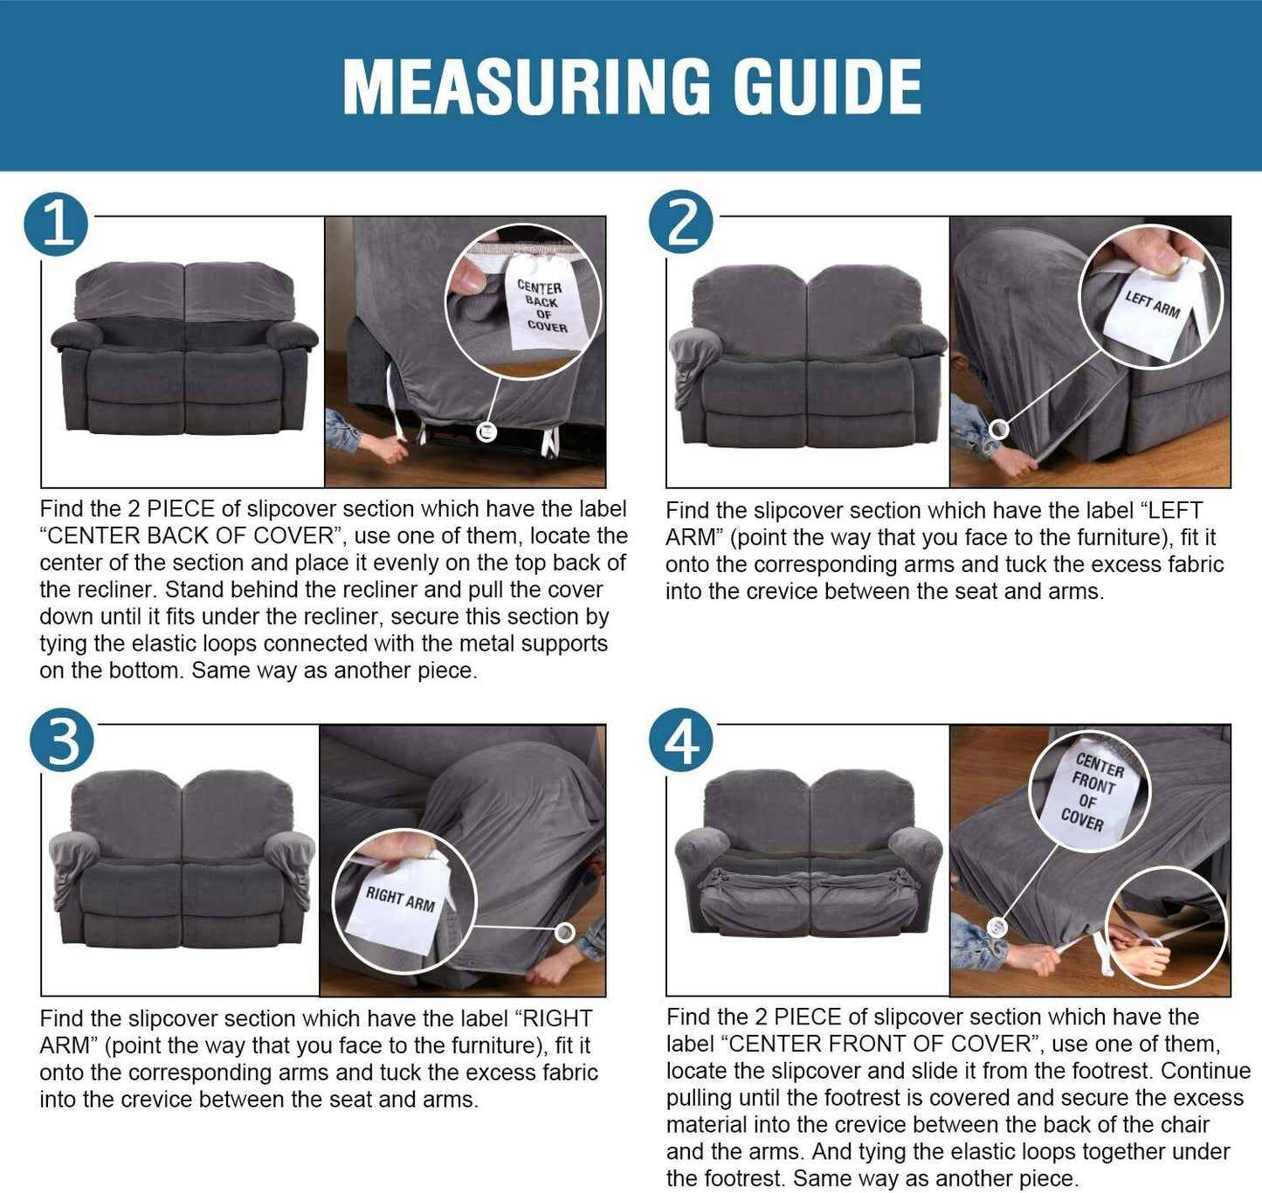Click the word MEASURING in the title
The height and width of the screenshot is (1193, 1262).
pos(527,86)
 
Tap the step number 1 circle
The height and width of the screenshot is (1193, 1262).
pos(56,224)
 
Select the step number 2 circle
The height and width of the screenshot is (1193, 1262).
pos(680,222)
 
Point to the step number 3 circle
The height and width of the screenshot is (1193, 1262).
pos(62,740)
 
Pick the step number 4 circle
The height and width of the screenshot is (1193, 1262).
pos(680,740)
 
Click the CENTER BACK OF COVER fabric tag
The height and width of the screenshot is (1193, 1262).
pos(543,304)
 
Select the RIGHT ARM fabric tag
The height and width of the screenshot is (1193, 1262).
pos(399,903)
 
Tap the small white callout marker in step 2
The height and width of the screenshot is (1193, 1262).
pos(998,430)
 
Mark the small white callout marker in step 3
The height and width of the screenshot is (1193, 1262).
pos(565,933)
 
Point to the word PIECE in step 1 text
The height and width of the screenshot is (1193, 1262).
pos(181,509)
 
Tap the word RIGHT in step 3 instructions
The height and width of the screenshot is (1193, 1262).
pos(558,1018)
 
